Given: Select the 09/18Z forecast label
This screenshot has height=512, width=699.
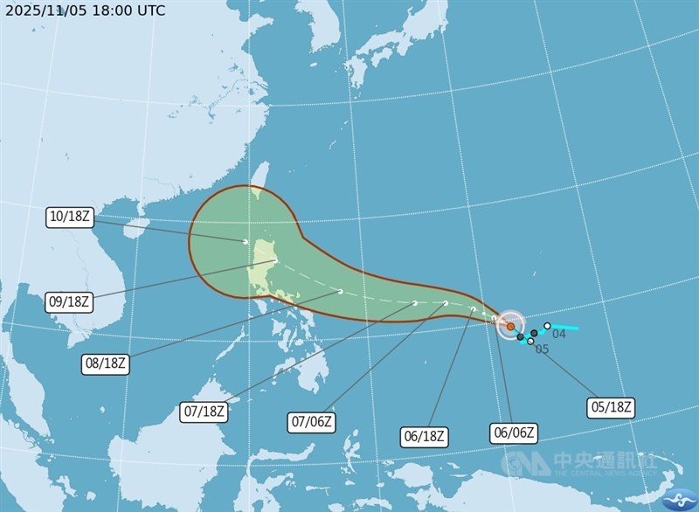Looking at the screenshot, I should (69, 301).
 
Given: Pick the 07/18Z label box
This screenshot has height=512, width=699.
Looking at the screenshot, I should (204, 412).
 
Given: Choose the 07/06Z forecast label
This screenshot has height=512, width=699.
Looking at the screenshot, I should (311, 422).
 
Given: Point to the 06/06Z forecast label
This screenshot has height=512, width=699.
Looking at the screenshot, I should (513, 432).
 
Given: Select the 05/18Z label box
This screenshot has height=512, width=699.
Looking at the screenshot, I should (611, 406).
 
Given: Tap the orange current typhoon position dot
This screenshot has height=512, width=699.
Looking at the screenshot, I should (510, 326).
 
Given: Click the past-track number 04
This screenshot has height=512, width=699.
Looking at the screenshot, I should (559, 334).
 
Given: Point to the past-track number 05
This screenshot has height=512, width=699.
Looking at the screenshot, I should (542, 349).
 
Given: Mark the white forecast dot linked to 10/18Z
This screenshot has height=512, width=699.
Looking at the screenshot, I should (246, 241).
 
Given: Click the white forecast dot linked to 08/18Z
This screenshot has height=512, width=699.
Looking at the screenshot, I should (340, 291).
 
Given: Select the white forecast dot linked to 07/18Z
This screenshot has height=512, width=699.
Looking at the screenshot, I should (415, 303).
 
